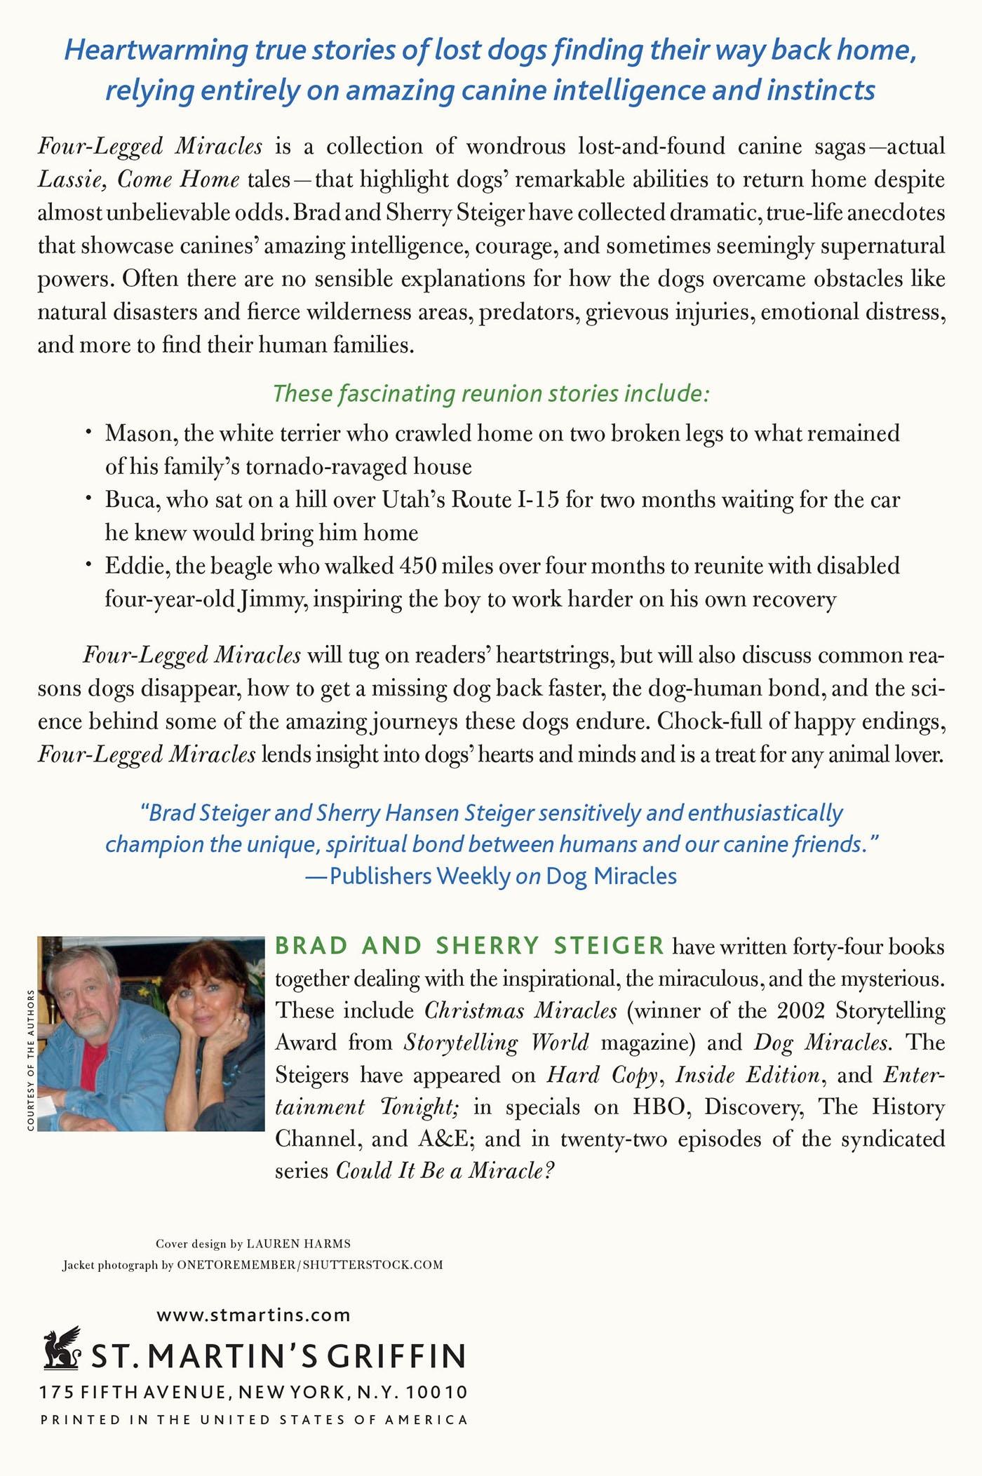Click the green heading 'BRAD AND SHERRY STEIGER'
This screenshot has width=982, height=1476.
[x=469, y=946]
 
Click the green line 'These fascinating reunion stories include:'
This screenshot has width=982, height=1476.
[x=491, y=393]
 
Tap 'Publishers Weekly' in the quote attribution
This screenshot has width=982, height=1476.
[x=419, y=876]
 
